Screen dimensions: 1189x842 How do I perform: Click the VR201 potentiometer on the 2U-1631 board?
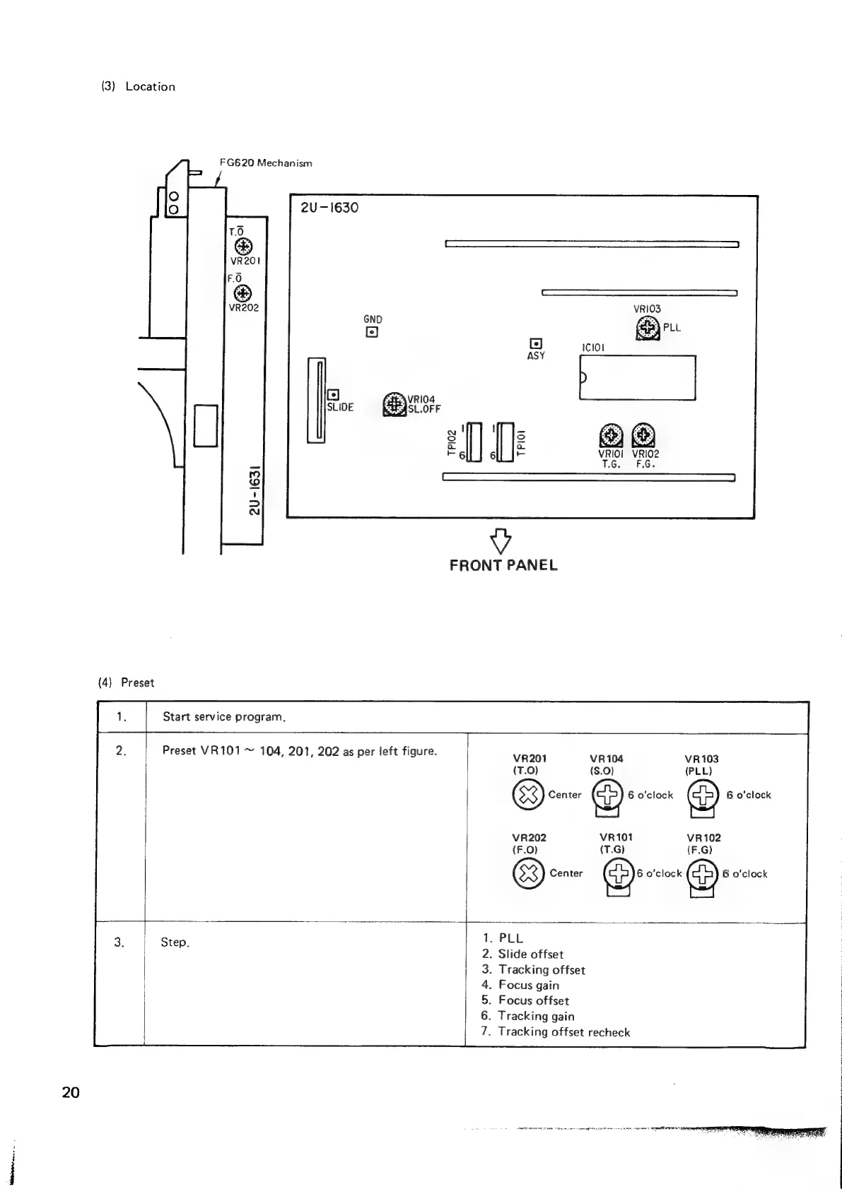243,246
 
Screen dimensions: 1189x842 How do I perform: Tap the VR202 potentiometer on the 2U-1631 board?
243,292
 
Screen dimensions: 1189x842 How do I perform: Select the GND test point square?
372,332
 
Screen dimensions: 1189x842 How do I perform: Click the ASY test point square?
536,343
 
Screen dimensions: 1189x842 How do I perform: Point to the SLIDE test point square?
333,395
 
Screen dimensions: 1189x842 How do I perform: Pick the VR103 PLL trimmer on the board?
648,329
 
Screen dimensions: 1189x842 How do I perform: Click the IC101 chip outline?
638,377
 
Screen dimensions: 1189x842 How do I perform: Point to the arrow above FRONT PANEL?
501,540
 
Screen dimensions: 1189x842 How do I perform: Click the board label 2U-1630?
329,208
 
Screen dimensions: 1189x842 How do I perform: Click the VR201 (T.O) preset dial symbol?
527,795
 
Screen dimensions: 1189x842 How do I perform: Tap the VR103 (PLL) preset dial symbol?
703,795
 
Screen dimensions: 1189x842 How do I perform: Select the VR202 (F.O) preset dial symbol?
527,874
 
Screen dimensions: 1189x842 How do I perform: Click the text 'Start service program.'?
224,717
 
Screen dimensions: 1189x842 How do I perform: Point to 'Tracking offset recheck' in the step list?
563,1032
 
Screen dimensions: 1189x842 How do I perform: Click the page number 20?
71,1092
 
